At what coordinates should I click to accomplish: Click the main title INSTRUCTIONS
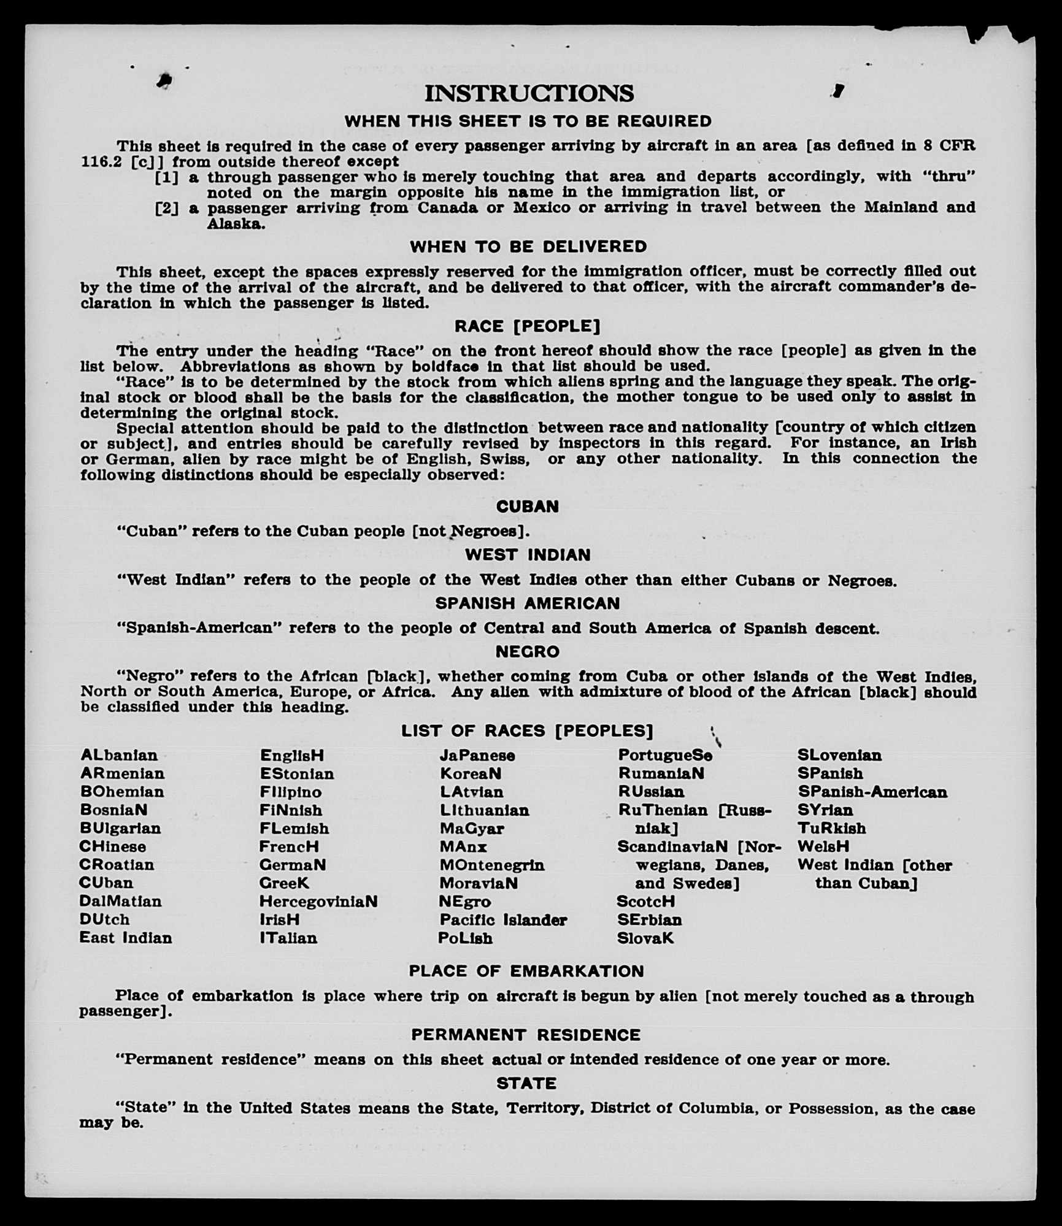(x=529, y=94)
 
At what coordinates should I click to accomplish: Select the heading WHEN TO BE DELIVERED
(x=528, y=247)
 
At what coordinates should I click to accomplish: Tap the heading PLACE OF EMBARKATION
(x=526, y=971)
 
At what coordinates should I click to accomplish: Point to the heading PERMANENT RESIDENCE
(x=526, y=1035)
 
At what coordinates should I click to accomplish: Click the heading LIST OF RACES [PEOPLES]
(x=527, y=731)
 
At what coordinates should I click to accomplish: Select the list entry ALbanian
(x=118, y=755)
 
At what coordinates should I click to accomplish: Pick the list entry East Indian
(x=126, y=938)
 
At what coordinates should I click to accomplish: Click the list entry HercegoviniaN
(x=318, y=901)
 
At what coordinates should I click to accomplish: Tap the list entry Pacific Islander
(x=503, y=920)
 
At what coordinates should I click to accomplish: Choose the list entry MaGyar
(x=472, y=829)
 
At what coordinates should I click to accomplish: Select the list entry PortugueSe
(x=665, y=755)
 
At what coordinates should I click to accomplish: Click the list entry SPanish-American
(x=872, y=792)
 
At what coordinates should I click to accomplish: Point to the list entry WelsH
(x=823, y=846)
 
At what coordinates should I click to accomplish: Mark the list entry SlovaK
(x=645, y=938)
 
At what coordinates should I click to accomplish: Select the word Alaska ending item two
(x=236, y=224)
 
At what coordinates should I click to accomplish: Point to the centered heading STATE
(x=526, y=1084)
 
